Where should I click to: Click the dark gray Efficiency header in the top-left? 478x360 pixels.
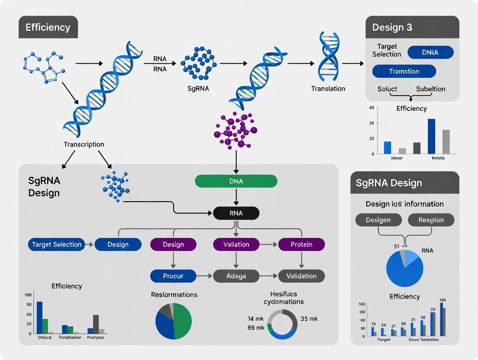[48, 28]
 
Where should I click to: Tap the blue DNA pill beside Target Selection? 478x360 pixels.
[430, 52]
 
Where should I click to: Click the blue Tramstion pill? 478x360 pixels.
[404, 71]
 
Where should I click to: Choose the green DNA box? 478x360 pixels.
[236, 181]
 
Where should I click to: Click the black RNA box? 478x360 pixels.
[236, 213]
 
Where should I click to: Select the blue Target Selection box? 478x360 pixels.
[57, 244]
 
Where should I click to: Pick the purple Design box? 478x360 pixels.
[173, 244]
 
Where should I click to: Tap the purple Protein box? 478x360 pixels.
[301, 244]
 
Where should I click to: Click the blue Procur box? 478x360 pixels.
[173, 276]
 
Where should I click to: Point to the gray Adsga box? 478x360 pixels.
[236, 276]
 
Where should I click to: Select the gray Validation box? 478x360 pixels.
[301, 276]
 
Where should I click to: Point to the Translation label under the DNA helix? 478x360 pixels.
[328, 89]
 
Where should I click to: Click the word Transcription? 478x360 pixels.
[84, 144]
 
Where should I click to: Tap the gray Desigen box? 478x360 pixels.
[378, 220]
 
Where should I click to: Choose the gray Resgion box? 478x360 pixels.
[431, 220]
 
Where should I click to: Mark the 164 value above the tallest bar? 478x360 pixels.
[442, 300]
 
